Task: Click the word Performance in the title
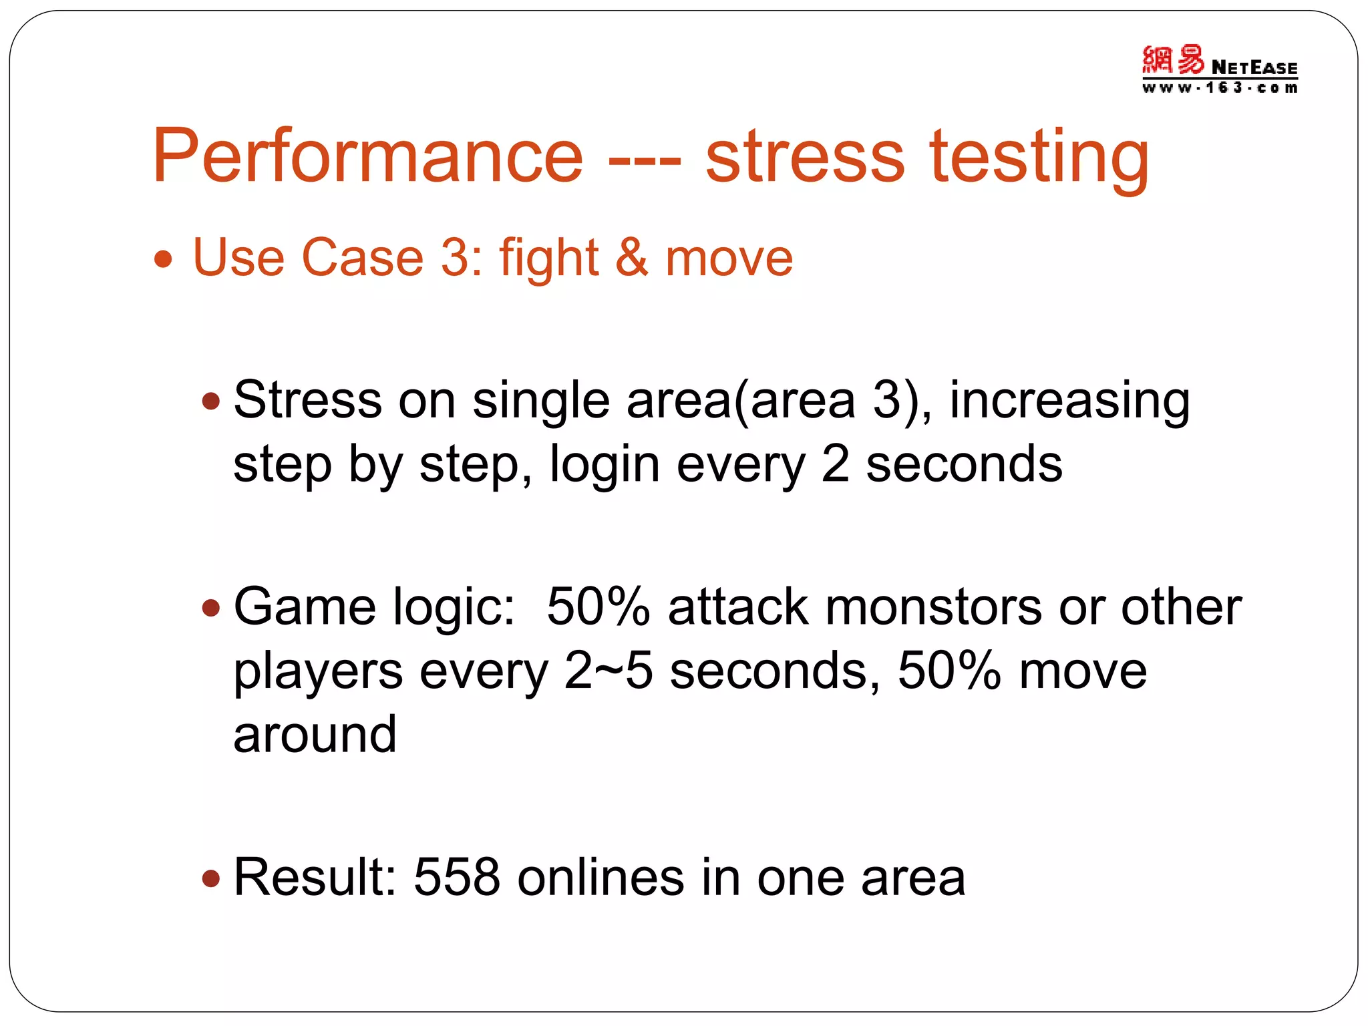[x=368, y=158]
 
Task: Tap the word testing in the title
[x=1039, y=158]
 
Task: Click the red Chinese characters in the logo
[x=1172, y=60]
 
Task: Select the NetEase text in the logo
[x=1254, y=67]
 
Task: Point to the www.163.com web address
[x=1220, y=88]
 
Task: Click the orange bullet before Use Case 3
[x=163, y=259]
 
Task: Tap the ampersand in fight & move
[x=631, y=258]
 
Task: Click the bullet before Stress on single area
[x=211, y=401]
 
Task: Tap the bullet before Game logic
[x=211, y=607]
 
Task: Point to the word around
[x=315, y=734]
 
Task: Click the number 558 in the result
[x=457, y=877]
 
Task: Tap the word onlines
[x=601, y=877]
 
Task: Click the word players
[x=318, y=672]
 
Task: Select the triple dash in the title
[x=645, y=160]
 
